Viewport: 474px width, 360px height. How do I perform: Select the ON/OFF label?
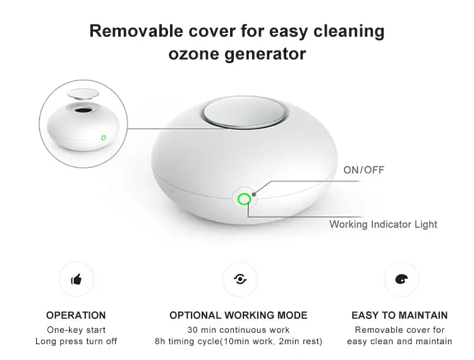click(363, 170)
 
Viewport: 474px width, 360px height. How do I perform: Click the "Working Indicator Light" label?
click(383, 224)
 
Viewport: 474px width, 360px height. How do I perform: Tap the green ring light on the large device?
click(244, 200)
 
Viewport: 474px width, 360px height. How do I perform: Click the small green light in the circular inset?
click(103, 136)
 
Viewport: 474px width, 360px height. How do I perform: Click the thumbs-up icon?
click(76, 279)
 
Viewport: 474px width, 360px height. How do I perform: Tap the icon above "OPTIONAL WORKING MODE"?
click(239, 279)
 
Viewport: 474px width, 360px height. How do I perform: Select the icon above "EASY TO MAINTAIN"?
click(401, 279)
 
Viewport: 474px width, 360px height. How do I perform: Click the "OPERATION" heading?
click(76, 315)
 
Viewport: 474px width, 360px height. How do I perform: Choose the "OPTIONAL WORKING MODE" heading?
click(238, 315)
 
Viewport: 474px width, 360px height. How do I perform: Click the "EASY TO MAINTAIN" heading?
click(399, 315)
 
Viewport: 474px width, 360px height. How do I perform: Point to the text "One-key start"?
click(76, 330)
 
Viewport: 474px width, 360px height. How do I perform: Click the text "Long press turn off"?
click(76, 342)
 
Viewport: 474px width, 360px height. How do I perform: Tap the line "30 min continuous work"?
click(238, 330)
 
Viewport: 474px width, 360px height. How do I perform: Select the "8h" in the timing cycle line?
click(161, 342)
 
